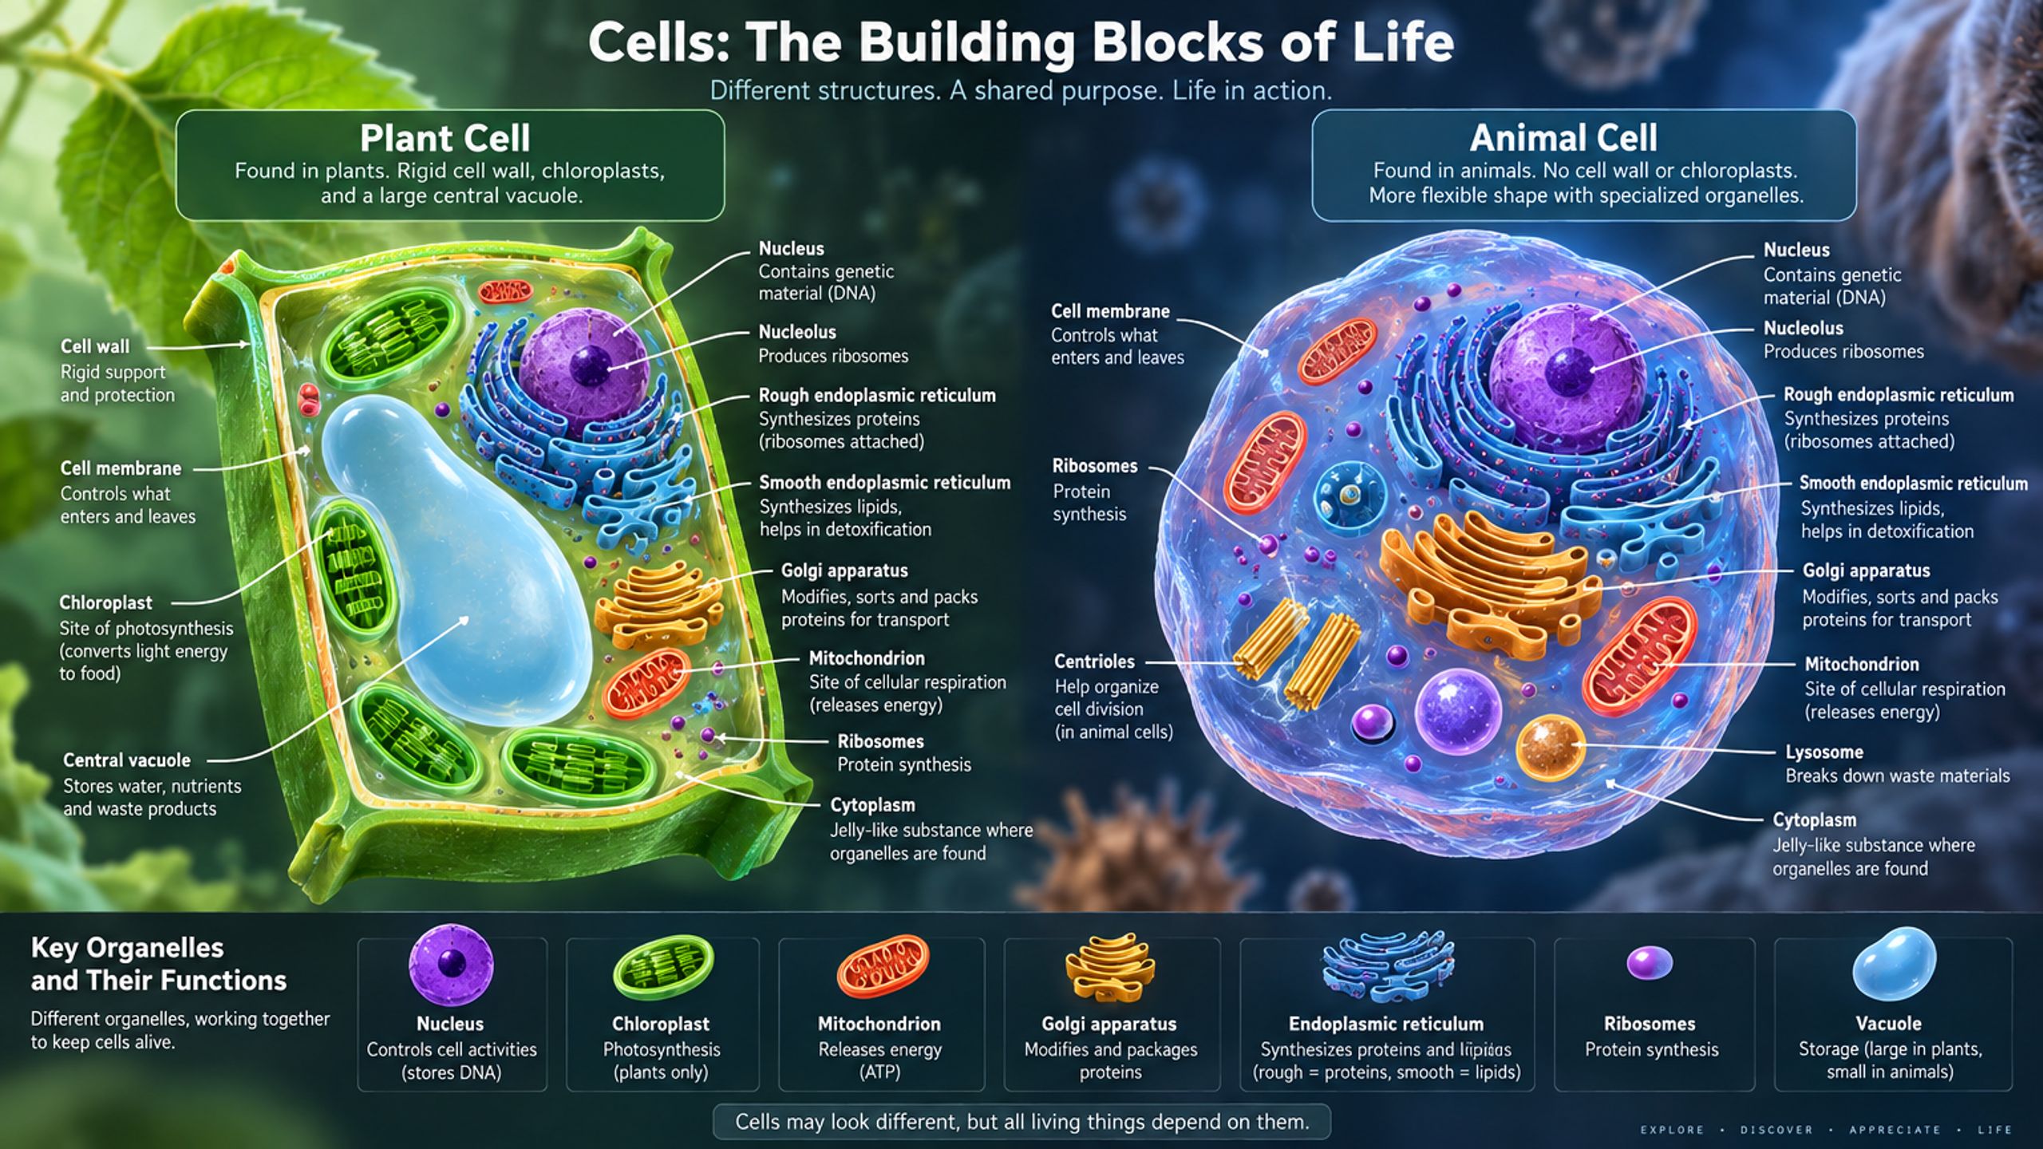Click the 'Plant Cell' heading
(x=445, y=138)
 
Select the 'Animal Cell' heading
(x=1563, y=138)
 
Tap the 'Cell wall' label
(x=95, y=346)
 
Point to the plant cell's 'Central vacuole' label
(x=127, y=760)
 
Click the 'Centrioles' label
(x=1094, y=661)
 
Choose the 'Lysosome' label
(x=1824, y=752)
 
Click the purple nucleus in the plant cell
(x=583, y=363)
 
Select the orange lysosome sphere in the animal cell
(x=1550, y=748)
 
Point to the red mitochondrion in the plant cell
(x=646, y=682)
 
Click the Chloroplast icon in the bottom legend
(x=663, y=967)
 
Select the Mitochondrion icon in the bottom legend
(x=883, y=965)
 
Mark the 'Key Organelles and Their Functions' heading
(x=159, y=964)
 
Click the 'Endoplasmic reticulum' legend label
(x=1386, y=1024)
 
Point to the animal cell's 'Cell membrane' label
(x=1110, y=311)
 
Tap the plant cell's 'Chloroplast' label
(x=105, y=602)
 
